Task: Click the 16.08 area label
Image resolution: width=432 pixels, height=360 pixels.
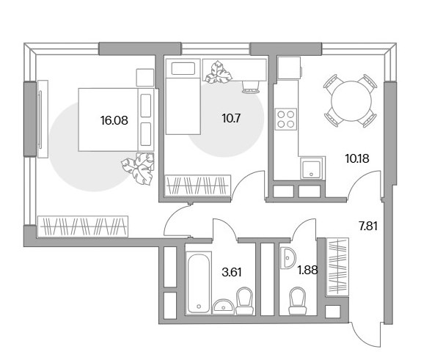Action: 114,120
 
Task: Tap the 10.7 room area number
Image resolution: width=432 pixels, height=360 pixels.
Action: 231,119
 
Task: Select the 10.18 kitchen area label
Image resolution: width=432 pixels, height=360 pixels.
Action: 357,158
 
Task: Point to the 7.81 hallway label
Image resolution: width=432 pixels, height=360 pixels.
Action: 368,227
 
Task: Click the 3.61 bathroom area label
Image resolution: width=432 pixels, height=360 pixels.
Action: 232,272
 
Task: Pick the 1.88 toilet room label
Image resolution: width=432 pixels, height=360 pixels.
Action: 307,271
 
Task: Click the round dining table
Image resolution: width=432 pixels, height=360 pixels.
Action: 351,100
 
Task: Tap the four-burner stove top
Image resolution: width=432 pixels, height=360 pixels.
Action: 286,119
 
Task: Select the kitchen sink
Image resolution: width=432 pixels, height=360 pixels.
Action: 311,169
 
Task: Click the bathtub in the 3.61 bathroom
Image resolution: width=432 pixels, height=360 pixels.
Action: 198,283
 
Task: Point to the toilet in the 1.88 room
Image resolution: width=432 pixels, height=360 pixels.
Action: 297,301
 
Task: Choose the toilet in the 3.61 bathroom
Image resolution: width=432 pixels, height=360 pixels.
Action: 245,301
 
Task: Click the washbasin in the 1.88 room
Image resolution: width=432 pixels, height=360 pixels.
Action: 288,258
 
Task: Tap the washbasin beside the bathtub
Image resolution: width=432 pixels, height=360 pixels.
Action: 224,306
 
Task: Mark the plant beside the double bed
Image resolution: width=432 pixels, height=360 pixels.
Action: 139,169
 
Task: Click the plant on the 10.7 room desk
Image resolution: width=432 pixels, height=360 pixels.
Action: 219,73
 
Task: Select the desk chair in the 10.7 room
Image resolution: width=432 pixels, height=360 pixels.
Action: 250,87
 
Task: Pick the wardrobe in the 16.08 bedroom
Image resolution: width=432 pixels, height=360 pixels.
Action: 83,227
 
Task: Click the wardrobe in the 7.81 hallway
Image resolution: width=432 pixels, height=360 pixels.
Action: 337,267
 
